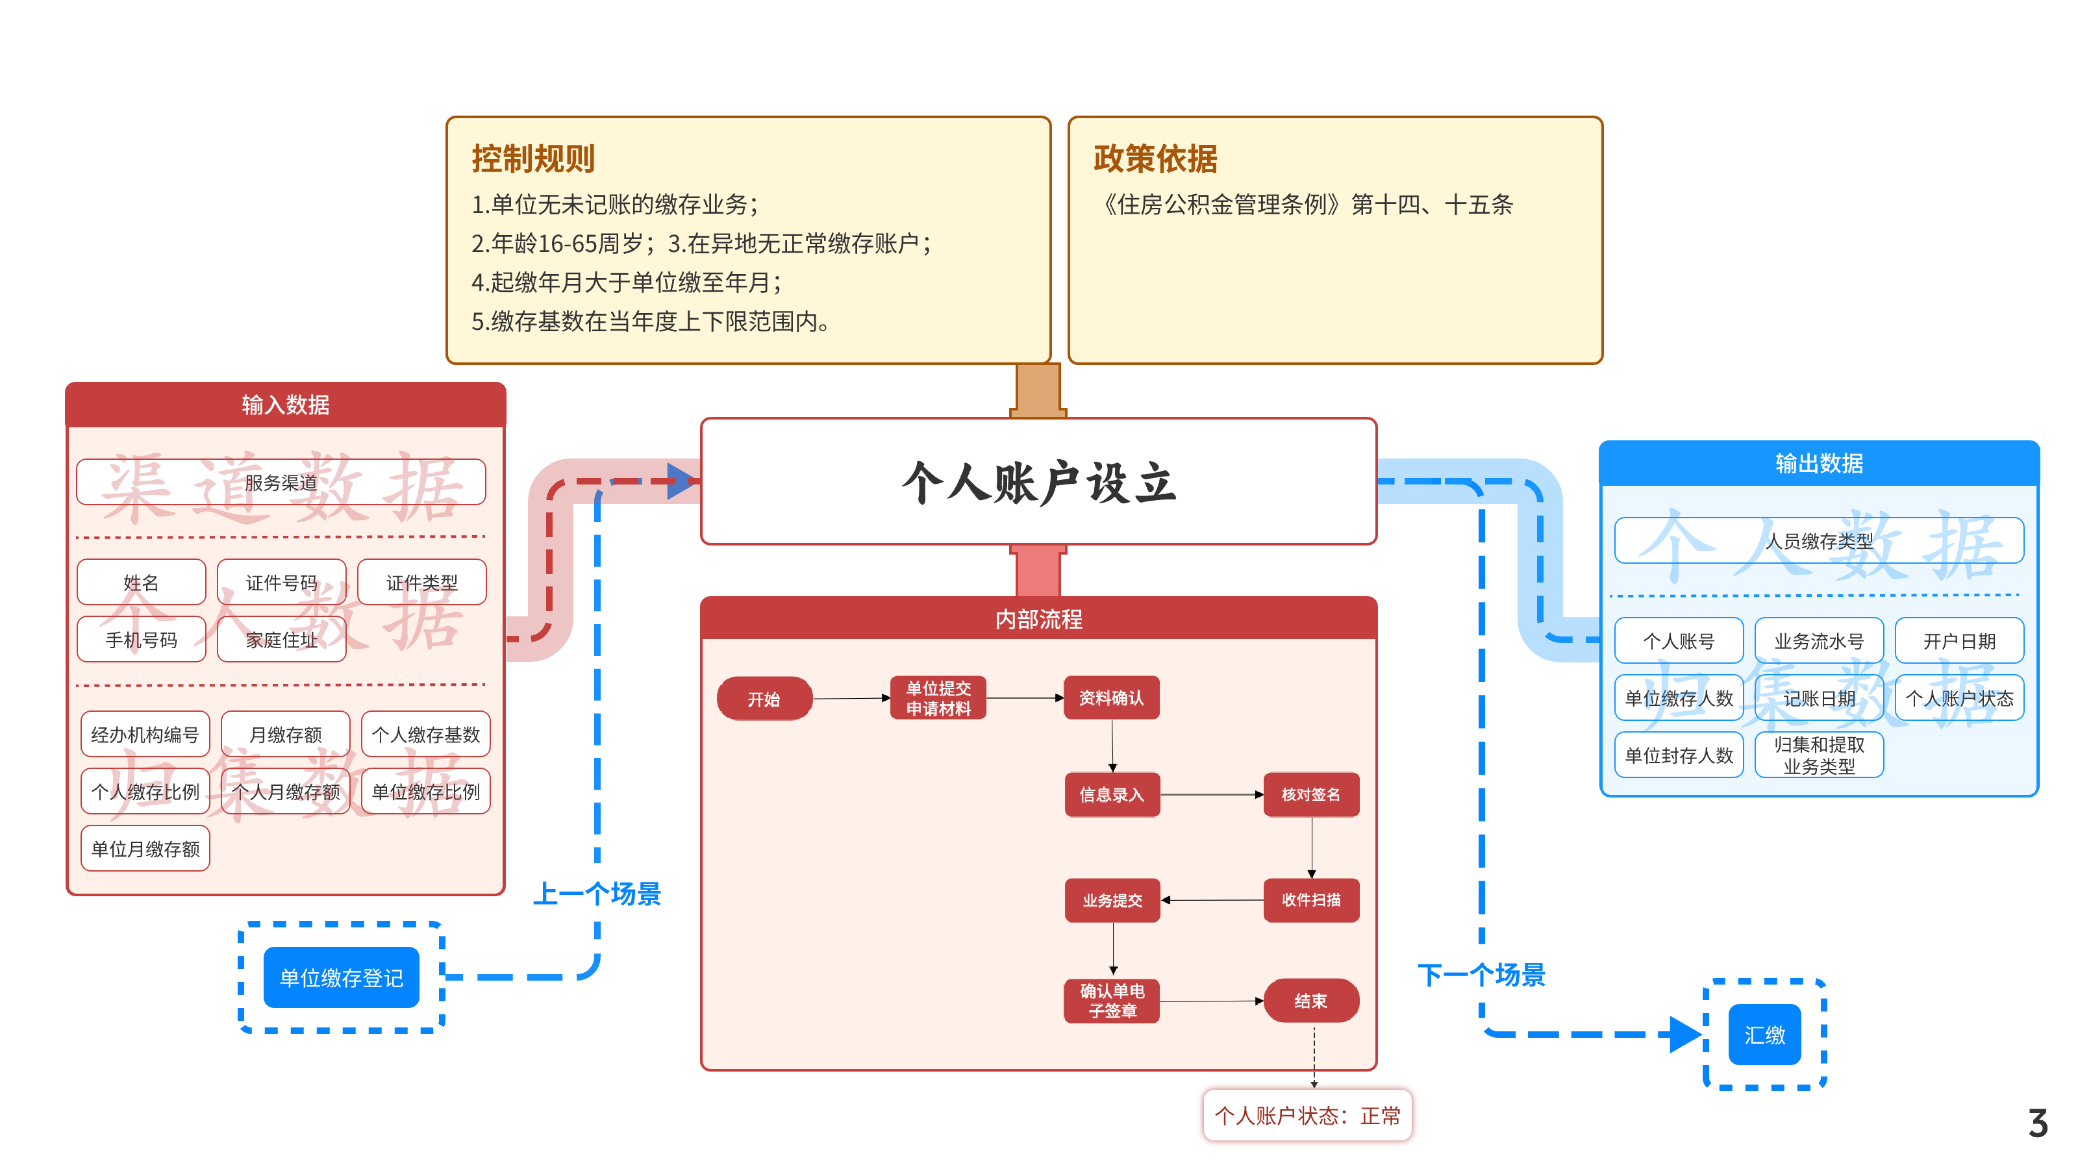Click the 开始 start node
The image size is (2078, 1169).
(764, 699)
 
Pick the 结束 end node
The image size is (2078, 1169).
(1311, 1000)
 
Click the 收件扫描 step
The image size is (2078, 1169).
(1311, 899)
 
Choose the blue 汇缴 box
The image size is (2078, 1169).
(1764, 1035)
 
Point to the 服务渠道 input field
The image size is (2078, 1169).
(281, 483)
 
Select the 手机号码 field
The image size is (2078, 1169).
(141, 640)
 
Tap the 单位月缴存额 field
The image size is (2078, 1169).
(145, 849)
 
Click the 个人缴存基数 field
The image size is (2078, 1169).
(426, 734)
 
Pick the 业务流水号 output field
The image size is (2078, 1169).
(1819, 640)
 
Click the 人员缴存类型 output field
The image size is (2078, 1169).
(1819, 540)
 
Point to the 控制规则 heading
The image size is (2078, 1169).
(533, 158)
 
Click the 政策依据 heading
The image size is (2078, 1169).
(1155, 158)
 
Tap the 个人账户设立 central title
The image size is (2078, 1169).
(1039, 483)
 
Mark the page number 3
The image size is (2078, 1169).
(2038, 1123)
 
